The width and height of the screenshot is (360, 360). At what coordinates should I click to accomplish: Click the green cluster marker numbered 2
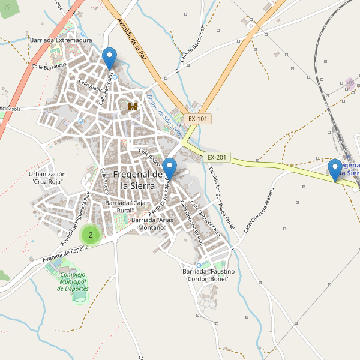pos(91,235)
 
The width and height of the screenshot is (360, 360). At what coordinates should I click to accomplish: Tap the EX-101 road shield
pos(197,119)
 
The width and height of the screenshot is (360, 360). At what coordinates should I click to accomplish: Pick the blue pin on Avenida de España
pos(170,169)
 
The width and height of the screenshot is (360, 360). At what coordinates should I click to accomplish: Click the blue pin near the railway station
pos(335,170)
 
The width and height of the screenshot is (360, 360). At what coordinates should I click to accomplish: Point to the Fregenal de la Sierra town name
pos(138,180)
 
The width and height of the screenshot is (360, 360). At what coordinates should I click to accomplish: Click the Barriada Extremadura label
pos(60,40)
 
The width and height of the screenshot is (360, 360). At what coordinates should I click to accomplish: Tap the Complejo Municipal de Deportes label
pos(73,281)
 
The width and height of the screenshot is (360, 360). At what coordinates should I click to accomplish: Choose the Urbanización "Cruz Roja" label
pos(46,178)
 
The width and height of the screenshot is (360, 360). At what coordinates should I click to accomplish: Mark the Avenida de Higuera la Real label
pos(75,218)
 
